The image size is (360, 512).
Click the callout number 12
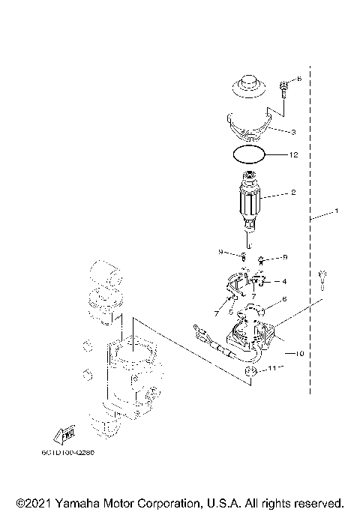(295, 155)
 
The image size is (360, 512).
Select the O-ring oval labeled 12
(248, 155)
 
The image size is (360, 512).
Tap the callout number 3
(293, 132)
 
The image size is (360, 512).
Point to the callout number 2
(293, 193)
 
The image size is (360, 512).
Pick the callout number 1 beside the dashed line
(336, 211)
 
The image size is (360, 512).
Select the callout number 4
(284, 282)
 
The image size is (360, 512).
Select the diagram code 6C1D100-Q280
(73, 453)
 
